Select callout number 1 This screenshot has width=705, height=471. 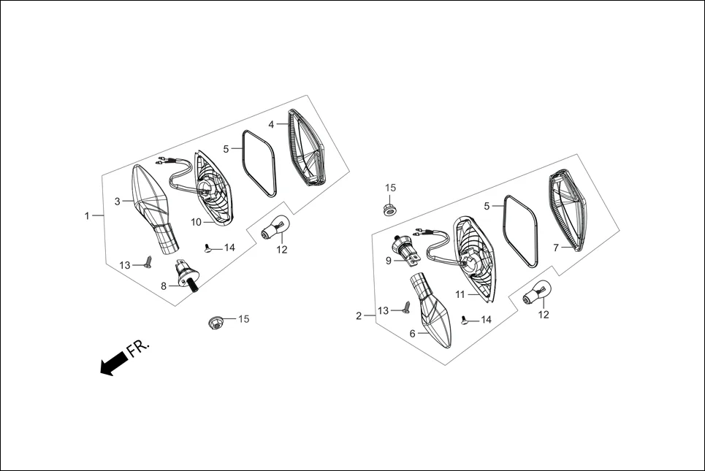coord(87,216)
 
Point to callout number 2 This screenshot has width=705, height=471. coord(359,315)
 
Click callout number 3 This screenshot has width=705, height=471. coord(117,200)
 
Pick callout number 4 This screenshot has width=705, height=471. coord(271,125)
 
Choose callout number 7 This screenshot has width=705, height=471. coord(556,248)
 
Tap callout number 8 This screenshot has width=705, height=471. coord(164,286)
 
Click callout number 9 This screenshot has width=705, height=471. coord(389,259)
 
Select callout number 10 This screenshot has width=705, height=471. coord(197,222)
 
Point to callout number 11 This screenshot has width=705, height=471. coord(461,294)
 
